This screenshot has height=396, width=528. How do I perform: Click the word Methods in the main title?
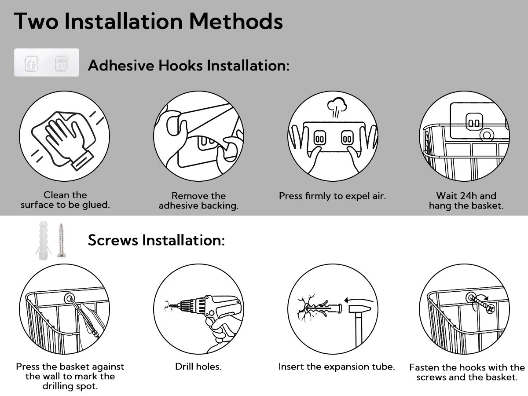[236, 21]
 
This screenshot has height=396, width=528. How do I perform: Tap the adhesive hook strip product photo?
[47, 62]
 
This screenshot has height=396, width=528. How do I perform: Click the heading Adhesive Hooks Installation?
[189, 66]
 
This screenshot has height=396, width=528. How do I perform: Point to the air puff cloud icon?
[337, 107]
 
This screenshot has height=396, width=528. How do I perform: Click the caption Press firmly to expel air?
[333, 196]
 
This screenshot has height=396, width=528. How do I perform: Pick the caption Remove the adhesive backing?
[199, 201]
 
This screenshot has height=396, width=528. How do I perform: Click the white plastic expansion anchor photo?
[43, 240]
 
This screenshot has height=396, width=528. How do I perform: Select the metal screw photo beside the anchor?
[61, 240]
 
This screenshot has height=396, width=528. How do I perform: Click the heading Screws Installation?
[156, 240]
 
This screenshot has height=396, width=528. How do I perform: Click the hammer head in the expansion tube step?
[359, 309]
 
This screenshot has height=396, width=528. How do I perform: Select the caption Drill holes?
[198, 367]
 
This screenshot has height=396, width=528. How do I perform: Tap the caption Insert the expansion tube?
[337, 367]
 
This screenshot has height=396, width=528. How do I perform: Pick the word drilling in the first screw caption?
[58, 387]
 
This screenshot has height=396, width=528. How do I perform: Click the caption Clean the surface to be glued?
[65, 200]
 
